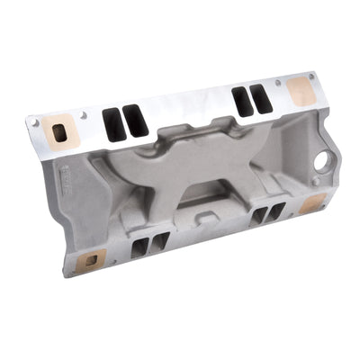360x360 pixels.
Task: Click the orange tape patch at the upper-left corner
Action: pyautogui.click(x=60, y=131)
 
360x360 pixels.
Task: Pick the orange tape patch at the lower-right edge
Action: pyautogui.click(x=310, y=204)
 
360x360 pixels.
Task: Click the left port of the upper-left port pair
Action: pyautogui.click(x=113, y=125)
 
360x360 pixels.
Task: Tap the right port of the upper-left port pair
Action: pyautogui.click(x=135, y=121)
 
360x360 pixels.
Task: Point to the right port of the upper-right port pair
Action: pyautogui.click(x=261, y=97)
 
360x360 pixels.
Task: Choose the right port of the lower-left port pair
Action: pyautogui.click(x=157, y=241)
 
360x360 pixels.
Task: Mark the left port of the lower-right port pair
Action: pyautogui.click(x=258, y=216)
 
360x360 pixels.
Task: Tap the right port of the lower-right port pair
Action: pyautogui.click(x=274, y=211)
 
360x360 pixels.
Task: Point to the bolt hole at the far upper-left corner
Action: pyautogui.click(x=34, y=121)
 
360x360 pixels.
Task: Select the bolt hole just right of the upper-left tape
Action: pyautogui.click(x=84, y=115)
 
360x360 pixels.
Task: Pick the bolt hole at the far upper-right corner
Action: pyautogui.click(x=310, y=76)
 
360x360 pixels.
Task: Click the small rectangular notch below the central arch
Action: pyautogui.click(x=205, y=216)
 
